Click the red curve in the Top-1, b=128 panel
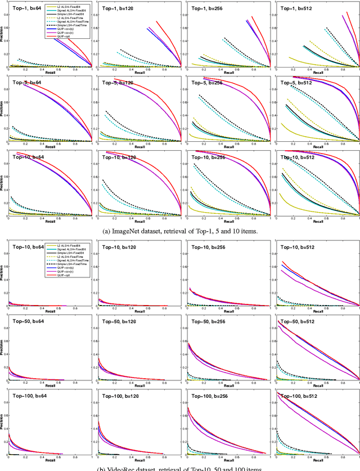click(163, 34)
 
